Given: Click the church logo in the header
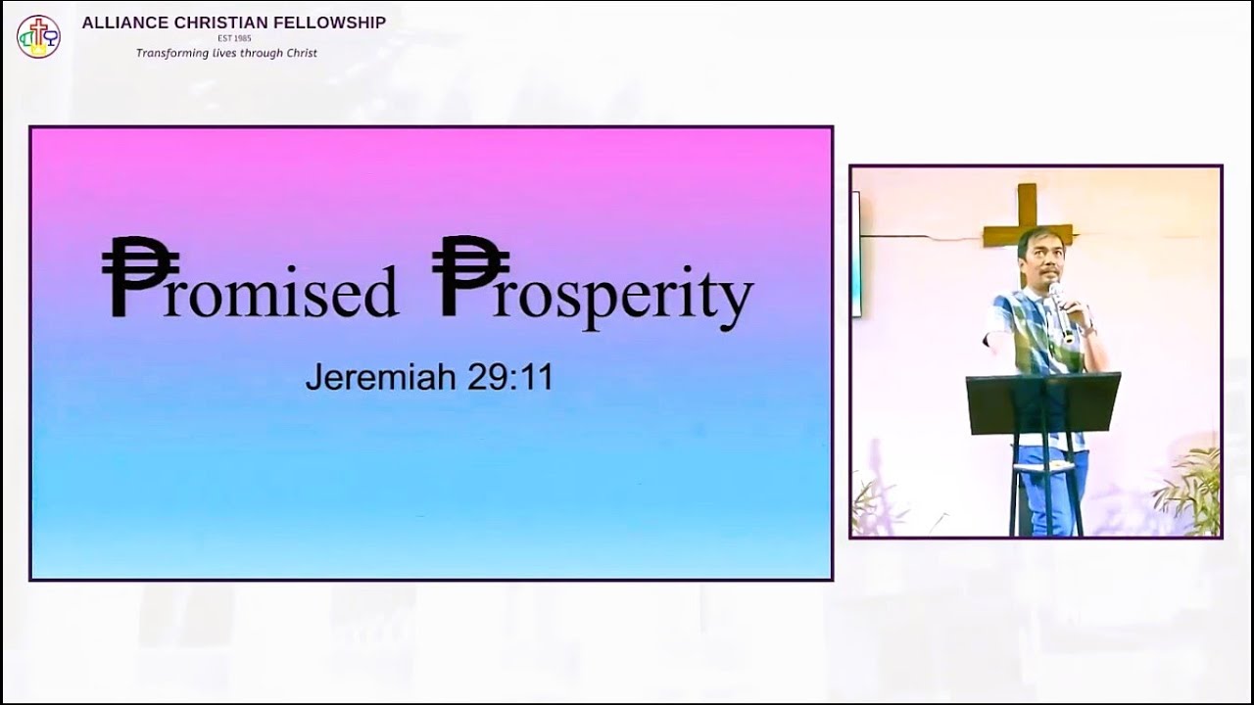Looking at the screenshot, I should [38, 36].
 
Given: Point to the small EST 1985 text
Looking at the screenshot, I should [234, 38].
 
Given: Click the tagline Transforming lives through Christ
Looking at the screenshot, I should [226, 53].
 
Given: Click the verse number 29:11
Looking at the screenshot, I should [509, 377].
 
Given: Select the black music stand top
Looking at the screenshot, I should [1042, 401].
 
